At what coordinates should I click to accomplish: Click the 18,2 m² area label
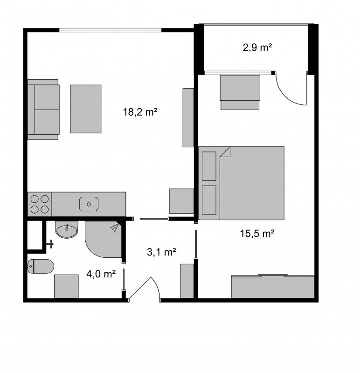pos(140,112)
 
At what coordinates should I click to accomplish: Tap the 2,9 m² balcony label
pos(257,48)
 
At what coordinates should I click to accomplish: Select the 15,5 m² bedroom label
pos(257,234)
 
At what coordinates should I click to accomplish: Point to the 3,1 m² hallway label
pos(161,252)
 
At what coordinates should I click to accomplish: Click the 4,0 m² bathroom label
pos(101,274)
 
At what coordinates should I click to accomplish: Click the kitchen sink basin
pos(89,204)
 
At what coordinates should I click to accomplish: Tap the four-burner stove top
pos(40,204)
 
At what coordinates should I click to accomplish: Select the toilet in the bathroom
pos(41,266)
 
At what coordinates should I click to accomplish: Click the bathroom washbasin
pos(67,229)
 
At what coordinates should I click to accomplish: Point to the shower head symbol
pos(114,227)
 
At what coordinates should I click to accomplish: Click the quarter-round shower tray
pos(104,239)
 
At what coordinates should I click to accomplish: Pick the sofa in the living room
pos(43,110)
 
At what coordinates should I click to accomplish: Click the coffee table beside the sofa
pos(86,109)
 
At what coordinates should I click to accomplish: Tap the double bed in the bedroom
pos(241,183)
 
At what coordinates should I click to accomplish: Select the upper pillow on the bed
pos(209,166)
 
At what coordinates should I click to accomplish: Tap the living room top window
pos(111,30)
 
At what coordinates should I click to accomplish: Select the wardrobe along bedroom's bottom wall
pos(273,286)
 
